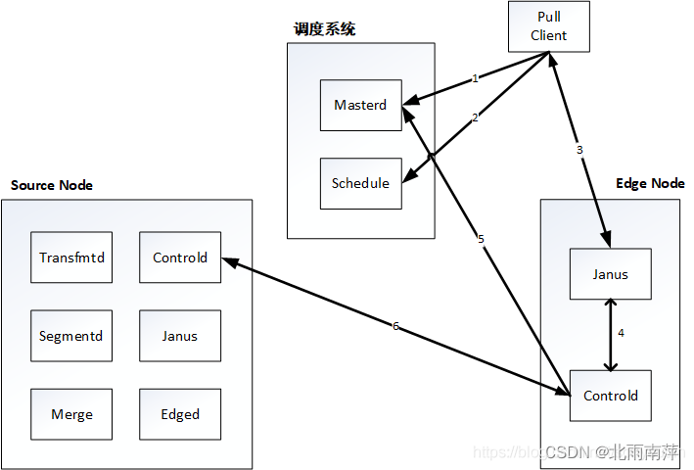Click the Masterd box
360,105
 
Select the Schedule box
360,183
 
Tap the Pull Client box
549,26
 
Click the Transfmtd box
71,258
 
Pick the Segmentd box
71,336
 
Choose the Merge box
71,414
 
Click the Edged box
180,414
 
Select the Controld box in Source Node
180,258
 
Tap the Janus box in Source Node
180,336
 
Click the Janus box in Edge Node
611,274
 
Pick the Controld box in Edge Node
611,396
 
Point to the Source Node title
51,185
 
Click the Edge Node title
650,183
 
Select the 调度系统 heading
324,29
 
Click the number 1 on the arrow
475,77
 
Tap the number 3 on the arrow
579,150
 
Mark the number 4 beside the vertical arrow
622,333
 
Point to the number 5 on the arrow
481,239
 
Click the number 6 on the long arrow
395,326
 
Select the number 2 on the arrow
475,117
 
